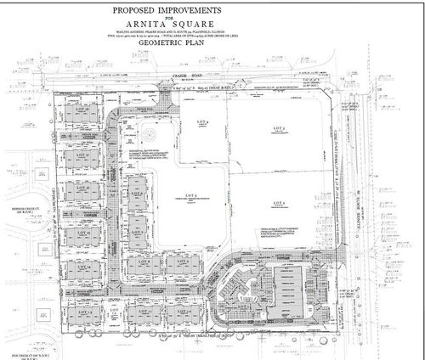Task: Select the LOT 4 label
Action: pyautogui.click(x=202, y=121)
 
